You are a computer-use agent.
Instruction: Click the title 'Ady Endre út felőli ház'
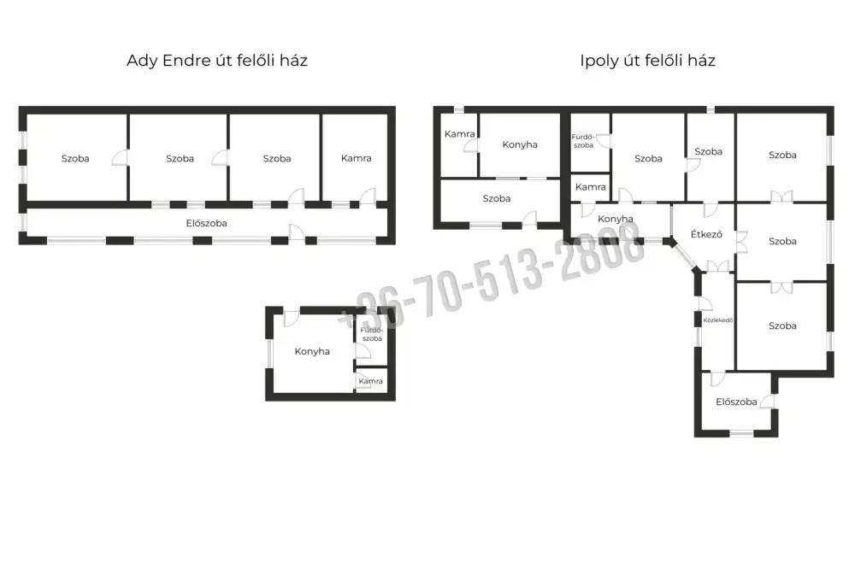pos(217,60)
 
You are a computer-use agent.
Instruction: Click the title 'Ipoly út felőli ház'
pos(648,60)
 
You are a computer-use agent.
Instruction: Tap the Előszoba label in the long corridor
pos(207,223)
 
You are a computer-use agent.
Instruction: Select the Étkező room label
pos(706,234)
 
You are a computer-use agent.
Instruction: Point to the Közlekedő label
pos(718,320)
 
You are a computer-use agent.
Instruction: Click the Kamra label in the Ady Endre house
pos(356,158)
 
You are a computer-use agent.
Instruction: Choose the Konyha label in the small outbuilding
pos(312,351)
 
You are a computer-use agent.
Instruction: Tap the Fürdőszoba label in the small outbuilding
pos(372,334)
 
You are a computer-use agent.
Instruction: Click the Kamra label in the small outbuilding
pos(371,381)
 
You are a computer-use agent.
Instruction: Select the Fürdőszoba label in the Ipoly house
pos(583,141)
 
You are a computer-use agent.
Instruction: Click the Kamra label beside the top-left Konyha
pos(460,133)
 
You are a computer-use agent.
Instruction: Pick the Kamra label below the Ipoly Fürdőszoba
pos(591,186)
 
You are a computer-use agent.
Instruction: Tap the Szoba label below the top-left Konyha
pos(497,198)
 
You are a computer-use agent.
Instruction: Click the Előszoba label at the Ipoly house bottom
pos(736,402)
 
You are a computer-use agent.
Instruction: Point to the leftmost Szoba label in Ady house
pos(75,159)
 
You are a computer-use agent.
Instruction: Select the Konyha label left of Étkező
pos(615,219)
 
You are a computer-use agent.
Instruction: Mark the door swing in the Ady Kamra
pos(368,197)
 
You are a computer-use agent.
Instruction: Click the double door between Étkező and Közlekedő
pos(717,267)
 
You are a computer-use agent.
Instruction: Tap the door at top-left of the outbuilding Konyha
pos(292,319)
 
